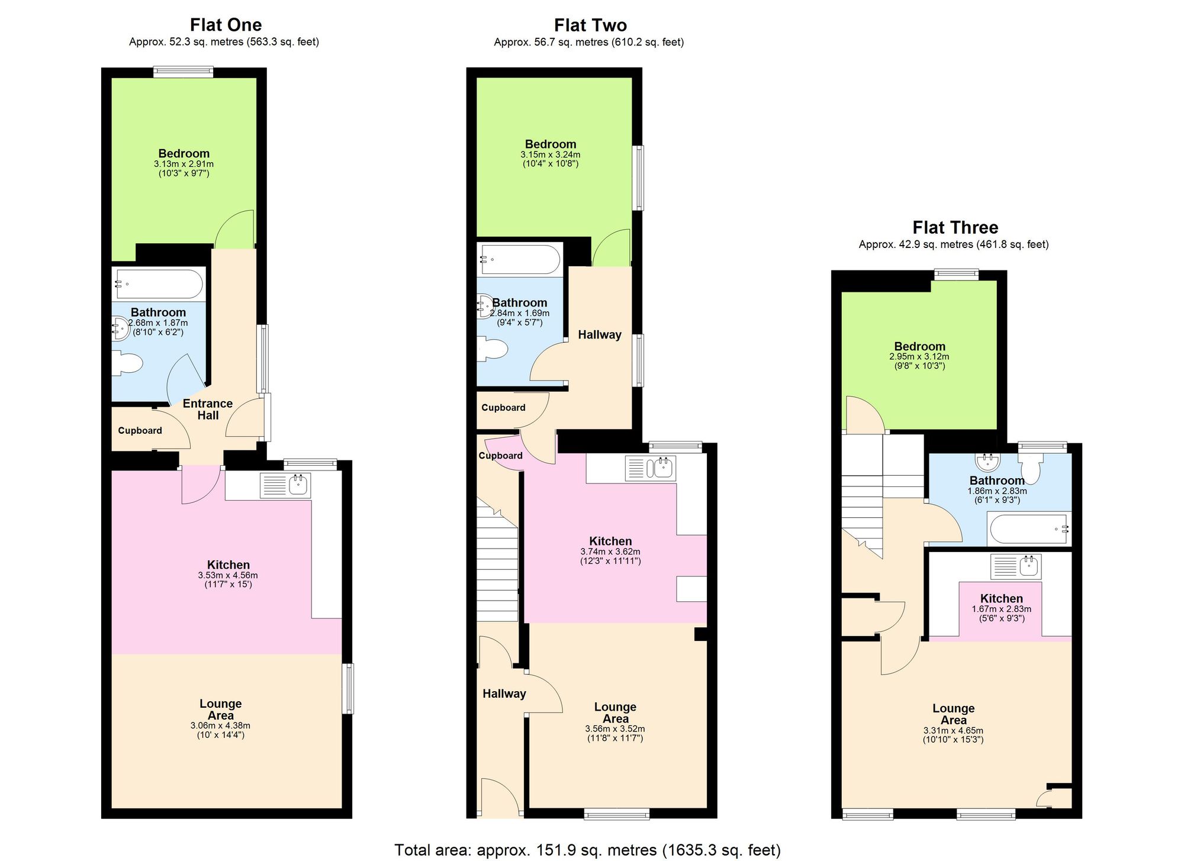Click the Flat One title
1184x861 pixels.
(226, 25)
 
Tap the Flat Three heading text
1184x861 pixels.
(955, 228)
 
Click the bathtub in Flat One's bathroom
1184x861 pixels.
(159, 284)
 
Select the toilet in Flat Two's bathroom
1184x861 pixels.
(493, 349)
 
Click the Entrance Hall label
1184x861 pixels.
(208, 409)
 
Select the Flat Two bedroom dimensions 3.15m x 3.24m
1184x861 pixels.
(550, 154)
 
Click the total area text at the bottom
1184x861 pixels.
(587, 850)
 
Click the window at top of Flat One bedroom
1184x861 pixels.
(183, 72)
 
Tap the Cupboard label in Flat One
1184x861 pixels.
(140, 430)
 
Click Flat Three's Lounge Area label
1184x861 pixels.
(953, 714)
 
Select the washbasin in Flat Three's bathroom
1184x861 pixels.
(987, 461)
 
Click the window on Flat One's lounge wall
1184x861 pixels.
(349, 688)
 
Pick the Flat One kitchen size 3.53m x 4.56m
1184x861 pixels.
(228, 575)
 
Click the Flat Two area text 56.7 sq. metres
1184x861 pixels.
(588, 42)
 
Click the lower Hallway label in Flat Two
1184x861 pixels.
(504, 694)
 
